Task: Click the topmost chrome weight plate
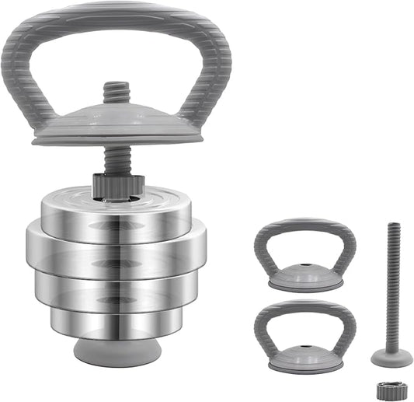117,208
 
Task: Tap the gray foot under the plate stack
117,351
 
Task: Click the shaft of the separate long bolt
390,288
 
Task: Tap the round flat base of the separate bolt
391,358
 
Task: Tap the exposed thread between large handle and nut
116,159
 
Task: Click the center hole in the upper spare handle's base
305,275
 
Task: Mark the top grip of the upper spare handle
304,225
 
